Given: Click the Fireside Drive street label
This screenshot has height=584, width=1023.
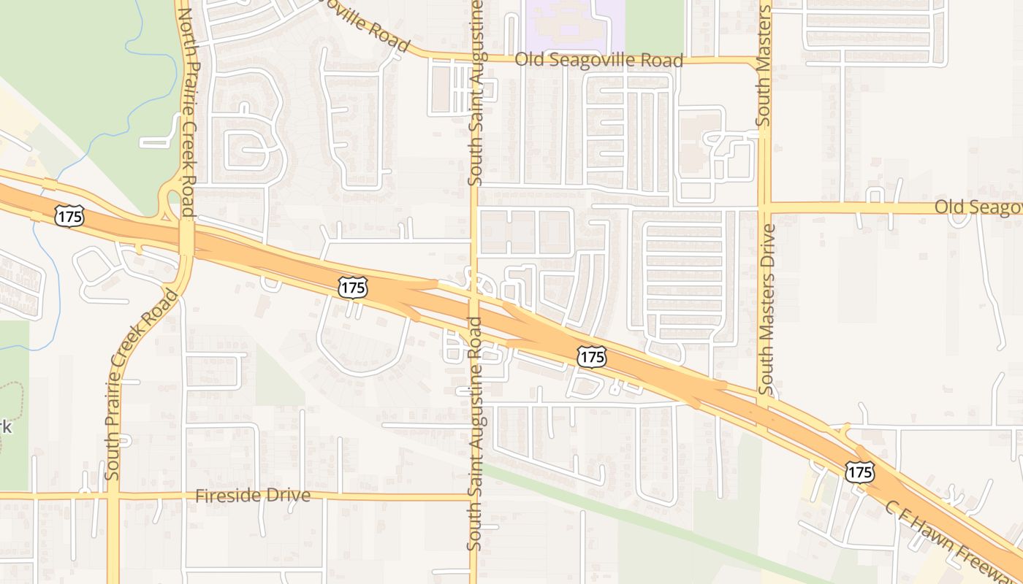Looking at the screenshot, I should (253, 496).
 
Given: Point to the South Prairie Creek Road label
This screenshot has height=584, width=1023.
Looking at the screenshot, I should (143, 383).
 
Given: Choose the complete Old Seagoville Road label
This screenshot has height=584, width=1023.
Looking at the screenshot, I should (599, 60).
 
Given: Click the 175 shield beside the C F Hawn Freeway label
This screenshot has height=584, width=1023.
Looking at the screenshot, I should (859, 472).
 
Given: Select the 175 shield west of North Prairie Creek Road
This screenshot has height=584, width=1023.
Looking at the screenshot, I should (69, 215).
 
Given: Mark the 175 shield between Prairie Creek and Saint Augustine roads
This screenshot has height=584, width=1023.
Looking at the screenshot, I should (352, 287).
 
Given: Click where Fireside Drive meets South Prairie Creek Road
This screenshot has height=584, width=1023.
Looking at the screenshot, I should (113, 496).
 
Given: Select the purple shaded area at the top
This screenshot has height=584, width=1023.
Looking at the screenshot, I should (574, 18).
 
